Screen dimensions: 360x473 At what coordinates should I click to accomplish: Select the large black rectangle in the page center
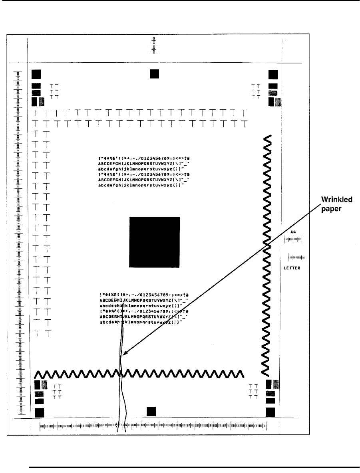coord(154,241)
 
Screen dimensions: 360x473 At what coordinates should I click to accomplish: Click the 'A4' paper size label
coord(293,232)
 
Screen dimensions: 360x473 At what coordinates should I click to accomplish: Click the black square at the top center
coord(154,74)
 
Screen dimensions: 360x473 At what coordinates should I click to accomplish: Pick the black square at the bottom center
coord(151,411)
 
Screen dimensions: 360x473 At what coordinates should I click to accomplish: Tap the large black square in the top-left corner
coord(36,74)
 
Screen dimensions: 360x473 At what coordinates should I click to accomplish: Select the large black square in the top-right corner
coord(273,74)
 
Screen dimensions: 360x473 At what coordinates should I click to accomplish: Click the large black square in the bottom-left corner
coord(40,412)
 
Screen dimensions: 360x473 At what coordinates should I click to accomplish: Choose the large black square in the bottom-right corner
coord(270,412)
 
